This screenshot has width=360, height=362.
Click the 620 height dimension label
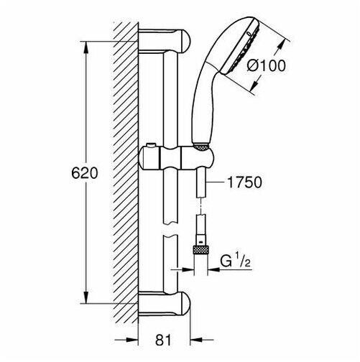coord(85,173)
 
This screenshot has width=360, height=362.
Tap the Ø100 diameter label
coord(267,65)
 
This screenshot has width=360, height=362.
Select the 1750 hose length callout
coord(244,182)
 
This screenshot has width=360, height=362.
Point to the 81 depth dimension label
coord(163,340)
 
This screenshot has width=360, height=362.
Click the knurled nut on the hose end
coord(200,250)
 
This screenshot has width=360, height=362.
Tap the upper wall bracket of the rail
coord(165,40)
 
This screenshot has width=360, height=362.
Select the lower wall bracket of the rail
coord(165,303)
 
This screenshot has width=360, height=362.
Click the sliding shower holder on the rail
coord(177,158)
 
